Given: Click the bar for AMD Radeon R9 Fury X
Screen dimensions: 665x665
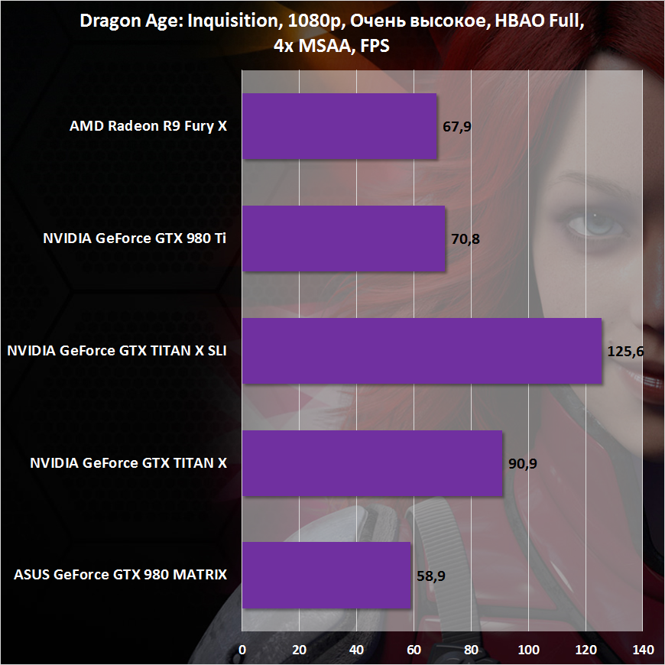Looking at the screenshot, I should pos(339,126).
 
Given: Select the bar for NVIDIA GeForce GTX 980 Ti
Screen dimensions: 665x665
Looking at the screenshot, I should pos(343,238).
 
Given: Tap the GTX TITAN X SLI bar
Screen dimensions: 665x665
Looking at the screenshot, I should pos(422,351).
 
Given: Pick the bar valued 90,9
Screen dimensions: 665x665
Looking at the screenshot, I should pos(372,463).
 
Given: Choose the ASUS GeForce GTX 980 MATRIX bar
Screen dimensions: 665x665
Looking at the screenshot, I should pos(326,576).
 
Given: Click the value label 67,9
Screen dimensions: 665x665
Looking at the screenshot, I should pos(457,127).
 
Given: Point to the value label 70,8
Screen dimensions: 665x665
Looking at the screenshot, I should pos(465,239).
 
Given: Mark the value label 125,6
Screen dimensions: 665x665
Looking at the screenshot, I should pos(625,352).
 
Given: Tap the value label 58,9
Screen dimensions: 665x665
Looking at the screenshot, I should pos(432,576).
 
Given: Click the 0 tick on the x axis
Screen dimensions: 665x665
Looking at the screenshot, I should pos(242,650).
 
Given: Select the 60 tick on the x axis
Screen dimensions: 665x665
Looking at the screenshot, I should pos(414,650).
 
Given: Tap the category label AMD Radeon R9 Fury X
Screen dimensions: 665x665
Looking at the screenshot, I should pos(148,127).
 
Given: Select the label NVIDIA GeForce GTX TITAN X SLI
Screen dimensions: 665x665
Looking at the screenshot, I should pos(117,352).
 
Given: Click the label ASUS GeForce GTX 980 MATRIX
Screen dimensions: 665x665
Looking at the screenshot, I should pos(121,576).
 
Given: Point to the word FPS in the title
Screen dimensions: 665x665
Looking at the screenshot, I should pos(375,46).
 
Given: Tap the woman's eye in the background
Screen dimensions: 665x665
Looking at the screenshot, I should pos(592,225).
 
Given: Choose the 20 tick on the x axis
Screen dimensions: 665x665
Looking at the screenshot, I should pos(300,650).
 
